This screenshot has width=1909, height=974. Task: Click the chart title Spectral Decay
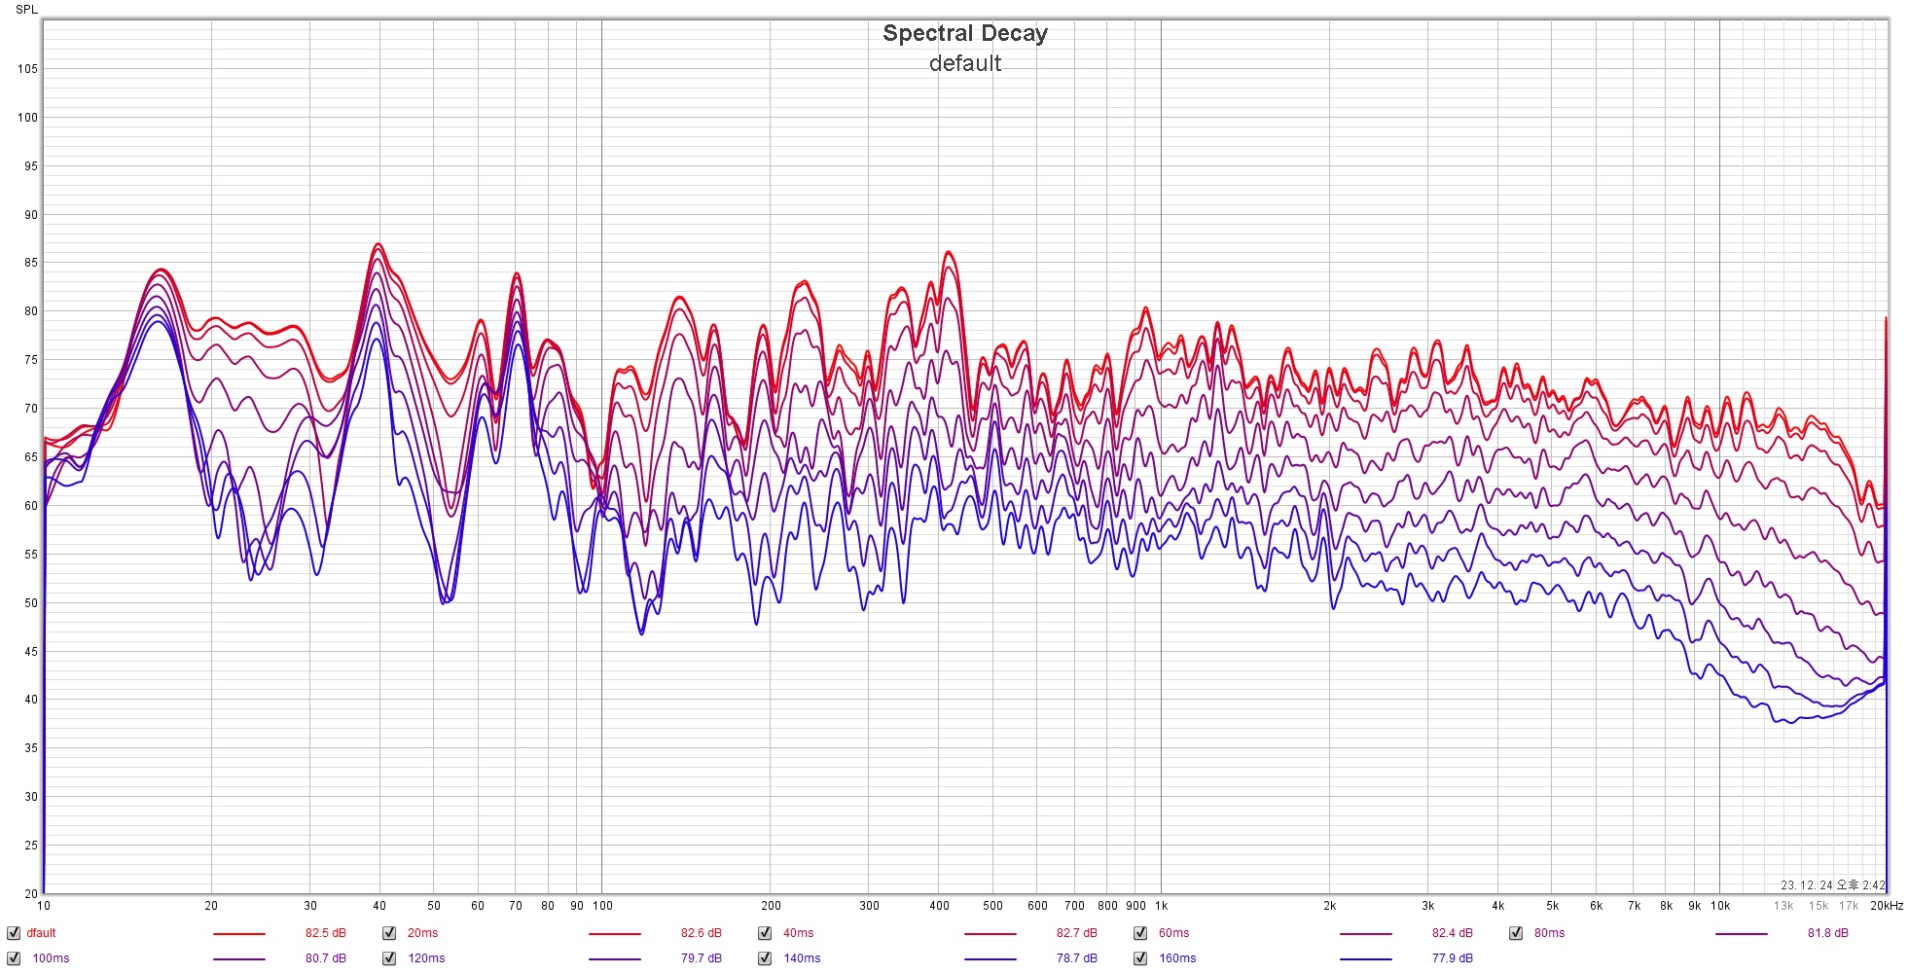coord(964,33)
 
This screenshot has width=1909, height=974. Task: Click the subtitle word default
coord(964,63)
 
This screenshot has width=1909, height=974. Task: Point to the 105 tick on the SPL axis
coord(27,69)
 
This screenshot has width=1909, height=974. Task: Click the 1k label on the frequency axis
coord(1161,906)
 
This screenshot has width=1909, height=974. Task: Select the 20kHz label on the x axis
coord(1886,906)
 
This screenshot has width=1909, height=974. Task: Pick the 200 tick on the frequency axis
coord(771,906)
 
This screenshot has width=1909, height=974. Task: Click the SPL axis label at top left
coord(26,10)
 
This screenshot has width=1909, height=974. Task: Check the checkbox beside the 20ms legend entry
coord(389,933)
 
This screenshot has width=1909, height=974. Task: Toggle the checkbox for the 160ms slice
coord(1140,958)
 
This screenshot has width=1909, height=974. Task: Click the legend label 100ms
coord(51,958)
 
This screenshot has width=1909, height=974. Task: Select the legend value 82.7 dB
coord(1076,933)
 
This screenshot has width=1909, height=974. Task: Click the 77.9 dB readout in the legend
coord(1452,958)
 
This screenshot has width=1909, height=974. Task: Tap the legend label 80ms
coord(1549,933)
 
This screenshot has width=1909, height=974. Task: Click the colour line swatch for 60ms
coord(1365,934)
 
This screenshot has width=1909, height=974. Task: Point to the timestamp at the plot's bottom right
coord(1832,885)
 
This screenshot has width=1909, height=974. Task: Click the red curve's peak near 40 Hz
coord(378,244)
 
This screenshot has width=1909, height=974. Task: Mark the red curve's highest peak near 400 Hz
coord(948,252)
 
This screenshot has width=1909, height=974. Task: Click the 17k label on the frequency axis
coord(1848,906)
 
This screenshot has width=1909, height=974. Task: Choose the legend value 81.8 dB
coord(1827,933)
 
